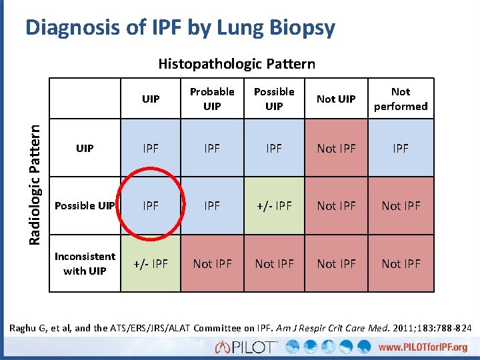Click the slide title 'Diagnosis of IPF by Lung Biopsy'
click(x=180, y=28)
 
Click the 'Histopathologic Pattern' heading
click(x=237, y=64)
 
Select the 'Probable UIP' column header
click(x=212, y=99)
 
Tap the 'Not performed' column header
click(x=401, y=99)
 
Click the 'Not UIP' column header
click(x=336, y=99)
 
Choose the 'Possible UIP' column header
click(x=274, y=99)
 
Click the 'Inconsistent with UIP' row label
click(x=85, y=263)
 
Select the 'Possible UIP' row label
click(x=85, y=205)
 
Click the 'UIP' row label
click(x=85, y=148)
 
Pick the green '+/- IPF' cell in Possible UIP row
click(x=274, y=205)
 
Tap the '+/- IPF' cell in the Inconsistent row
click(x=151, y=263)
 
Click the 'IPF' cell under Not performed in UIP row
click(x=401, y=148)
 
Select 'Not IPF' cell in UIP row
click(x=336, y=148)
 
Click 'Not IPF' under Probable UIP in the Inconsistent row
click(x=212, y=263)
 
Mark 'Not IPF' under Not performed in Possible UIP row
click(x=401, y=205)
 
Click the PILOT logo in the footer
click(x=247, y=347)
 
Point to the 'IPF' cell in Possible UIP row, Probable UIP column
click(x=212, y=205)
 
